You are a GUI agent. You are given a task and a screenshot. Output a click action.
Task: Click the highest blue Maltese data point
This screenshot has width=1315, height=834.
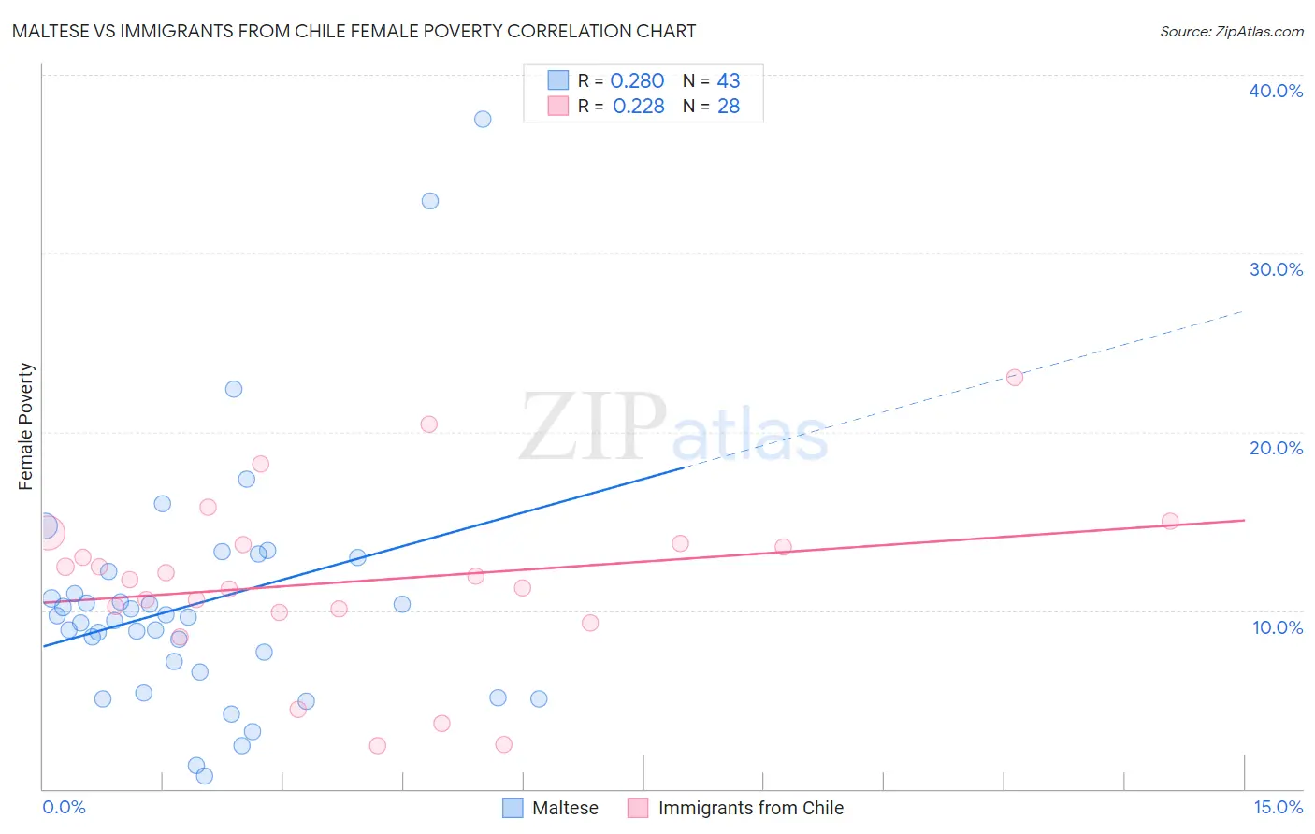(x=483, y=119)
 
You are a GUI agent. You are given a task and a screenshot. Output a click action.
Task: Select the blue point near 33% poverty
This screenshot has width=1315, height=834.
(x=430, y=201)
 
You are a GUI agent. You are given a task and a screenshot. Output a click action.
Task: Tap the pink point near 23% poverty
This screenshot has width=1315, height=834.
(x=1015, y=378)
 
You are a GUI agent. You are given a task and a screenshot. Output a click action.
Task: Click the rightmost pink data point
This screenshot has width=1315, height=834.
(x=1170, y=522)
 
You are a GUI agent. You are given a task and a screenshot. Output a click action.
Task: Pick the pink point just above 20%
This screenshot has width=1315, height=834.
(x=429, y=424)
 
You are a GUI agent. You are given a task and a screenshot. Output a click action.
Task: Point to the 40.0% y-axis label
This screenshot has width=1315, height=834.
(x=1276, y=91)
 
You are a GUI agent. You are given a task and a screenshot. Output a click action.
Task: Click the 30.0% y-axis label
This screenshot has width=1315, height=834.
(x=1276, y=269)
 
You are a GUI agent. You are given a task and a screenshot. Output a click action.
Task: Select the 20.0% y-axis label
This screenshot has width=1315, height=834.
(x=1276, y=448)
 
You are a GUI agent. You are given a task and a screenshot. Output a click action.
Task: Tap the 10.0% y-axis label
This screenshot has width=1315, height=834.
(x=1278, y=627)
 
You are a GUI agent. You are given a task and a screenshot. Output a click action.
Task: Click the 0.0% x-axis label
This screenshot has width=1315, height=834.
(x=65, y=807)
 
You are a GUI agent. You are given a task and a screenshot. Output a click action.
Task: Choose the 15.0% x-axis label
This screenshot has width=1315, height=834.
(x=1278, y=807)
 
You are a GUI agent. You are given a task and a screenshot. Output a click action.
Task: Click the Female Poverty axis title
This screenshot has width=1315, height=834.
(x=26, y=426)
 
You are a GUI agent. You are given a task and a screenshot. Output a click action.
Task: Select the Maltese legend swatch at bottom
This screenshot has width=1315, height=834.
(x=513, y=808)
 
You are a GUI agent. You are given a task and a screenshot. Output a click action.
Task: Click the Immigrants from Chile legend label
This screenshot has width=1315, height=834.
(x=750, y=808)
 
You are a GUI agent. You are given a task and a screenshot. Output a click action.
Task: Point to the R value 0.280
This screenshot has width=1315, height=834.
(x=637, y=81)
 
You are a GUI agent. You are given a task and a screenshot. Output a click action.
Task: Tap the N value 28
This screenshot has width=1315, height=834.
(x=729, y=107)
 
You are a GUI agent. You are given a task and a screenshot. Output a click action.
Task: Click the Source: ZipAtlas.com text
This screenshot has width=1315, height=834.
(x=1231, y=32)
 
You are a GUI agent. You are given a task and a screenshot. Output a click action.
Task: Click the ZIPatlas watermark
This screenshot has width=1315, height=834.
(x=673, y=429)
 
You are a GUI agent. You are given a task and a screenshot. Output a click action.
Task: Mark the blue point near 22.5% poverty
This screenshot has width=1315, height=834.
(x=234, y=389)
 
